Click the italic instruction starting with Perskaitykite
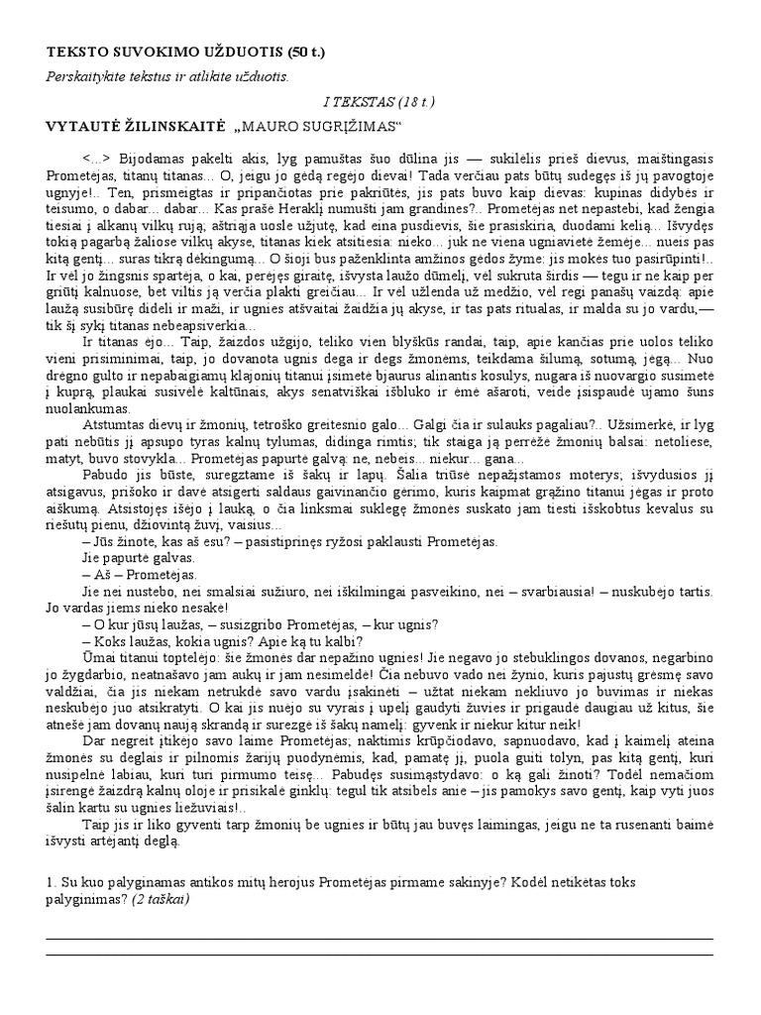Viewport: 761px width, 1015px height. click(x=167, y=76)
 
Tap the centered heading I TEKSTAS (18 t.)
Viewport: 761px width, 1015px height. click(x=380, y=101)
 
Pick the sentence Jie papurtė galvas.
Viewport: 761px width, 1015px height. click(x=133, y=558)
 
